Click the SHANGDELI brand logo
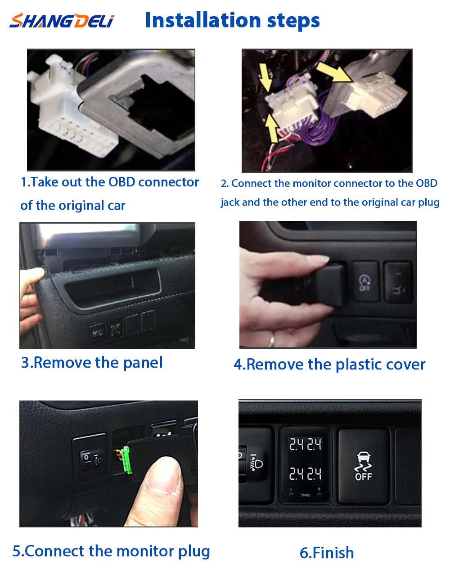click(62, 21)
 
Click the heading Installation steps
click(232, 21)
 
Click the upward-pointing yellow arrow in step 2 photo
click(271, 128)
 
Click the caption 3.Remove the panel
click(92, 363)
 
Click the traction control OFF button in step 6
click(363, 466)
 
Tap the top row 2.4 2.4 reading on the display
click(305, 445)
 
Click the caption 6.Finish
click(327, 553)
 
